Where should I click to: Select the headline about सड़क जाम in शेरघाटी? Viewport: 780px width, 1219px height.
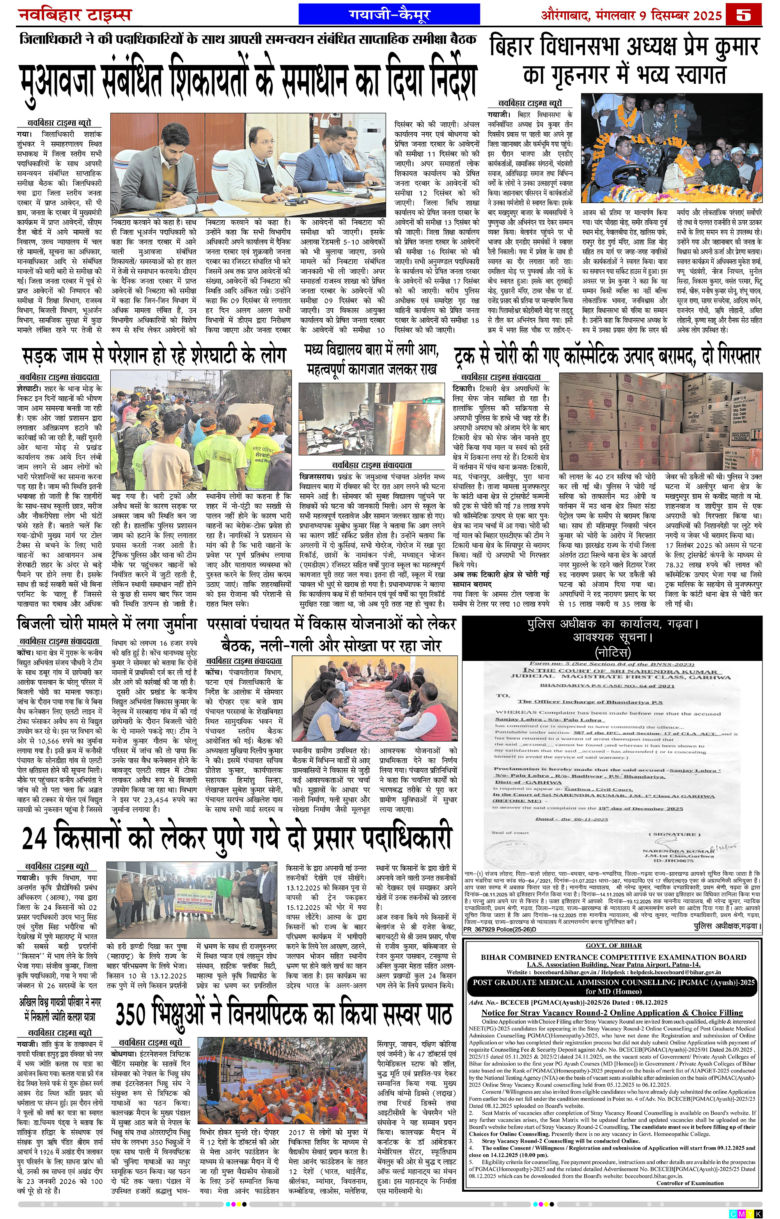pyautogui.click(x=154, y=356)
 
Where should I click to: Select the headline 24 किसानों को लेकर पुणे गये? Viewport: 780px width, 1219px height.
pyautogui.click(x=236, y=838)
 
